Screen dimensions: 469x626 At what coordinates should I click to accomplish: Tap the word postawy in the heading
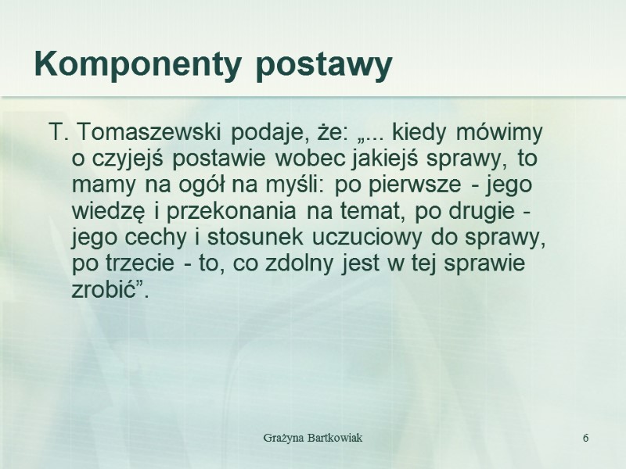(324, 68)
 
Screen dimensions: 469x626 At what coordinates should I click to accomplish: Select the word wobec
(309, 159)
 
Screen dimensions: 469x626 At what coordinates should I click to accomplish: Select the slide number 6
(585, 435)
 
